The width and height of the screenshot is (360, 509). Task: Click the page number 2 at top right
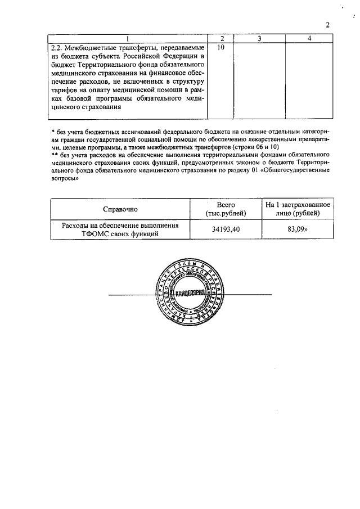click(327, 24)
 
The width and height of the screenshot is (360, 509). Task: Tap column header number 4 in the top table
click(309, 38)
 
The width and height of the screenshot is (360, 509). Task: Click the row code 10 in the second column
click(220, 47)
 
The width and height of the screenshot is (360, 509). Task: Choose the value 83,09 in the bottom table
click(298, 230)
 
